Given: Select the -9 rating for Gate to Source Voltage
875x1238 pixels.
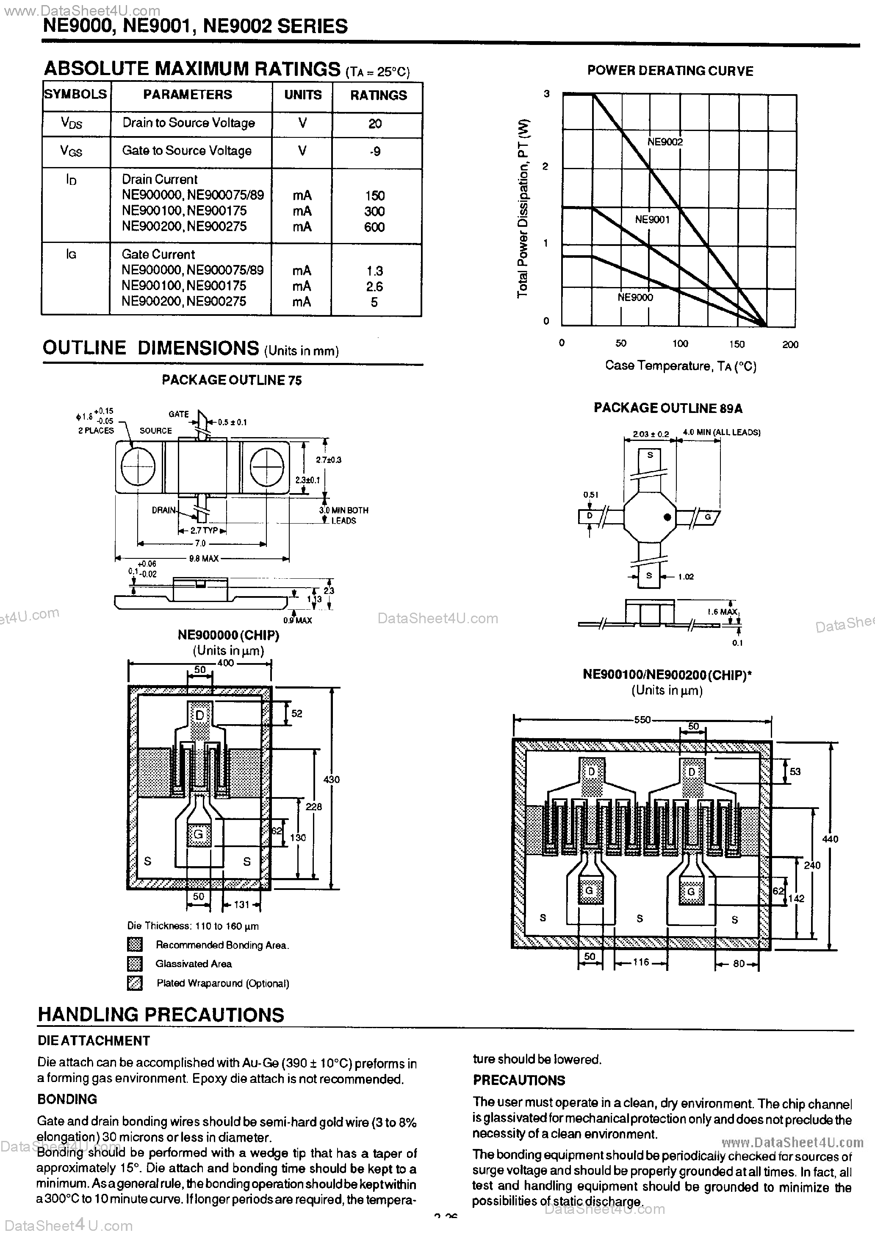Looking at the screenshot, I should coord(375,151).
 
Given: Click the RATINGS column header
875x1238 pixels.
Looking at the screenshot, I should coord(378,95).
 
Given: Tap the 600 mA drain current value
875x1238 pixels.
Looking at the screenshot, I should coord(374,227).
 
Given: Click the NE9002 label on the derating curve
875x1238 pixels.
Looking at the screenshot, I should coord(665,142).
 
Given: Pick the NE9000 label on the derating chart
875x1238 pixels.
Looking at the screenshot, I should coord(635,297).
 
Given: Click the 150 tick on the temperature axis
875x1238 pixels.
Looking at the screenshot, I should coord(737,344).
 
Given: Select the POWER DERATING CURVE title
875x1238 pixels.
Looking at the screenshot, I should coord(670,71).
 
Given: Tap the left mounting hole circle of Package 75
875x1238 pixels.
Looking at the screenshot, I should coord(138,466).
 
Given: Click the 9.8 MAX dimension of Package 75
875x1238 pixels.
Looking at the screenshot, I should coord(204,559).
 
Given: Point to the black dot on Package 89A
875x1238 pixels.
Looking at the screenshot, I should coord(667,517).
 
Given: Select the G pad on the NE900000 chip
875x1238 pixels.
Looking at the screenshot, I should coord(198,834).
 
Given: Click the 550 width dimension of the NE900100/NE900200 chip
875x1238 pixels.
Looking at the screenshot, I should coord(642,719).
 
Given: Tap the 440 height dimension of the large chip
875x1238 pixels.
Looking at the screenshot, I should coord(830,839).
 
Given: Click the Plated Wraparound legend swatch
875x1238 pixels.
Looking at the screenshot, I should coord(135,983).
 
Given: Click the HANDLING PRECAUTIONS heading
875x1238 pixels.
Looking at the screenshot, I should coord(161,1015).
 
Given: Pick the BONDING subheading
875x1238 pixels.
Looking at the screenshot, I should coord(67,1099).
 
